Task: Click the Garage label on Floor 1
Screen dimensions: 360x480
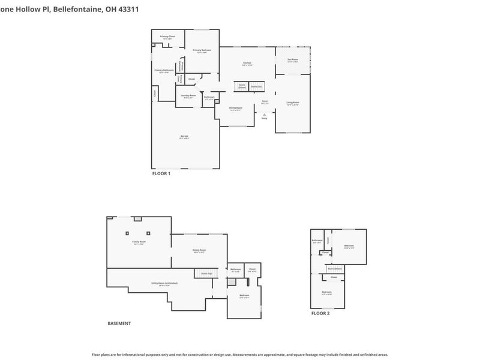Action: click(184, 136)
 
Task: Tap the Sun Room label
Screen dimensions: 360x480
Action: click(293, 60)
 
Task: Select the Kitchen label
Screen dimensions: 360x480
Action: click(247, 63)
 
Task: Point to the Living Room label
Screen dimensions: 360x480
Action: click(292, 103)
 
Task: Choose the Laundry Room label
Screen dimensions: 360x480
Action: click(188, 95)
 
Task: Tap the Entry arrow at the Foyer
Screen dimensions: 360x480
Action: click(264, 113)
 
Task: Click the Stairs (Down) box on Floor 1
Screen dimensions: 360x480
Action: click(242, 86)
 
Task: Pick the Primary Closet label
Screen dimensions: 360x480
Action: click(167, 37)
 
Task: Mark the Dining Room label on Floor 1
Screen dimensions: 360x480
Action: click(235, 108)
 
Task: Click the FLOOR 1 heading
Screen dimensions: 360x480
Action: click(161, 173)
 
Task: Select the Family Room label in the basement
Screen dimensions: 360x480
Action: click(139, 242)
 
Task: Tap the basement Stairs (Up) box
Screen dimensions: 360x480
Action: click(206, 274)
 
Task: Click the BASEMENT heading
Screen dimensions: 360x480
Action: click(119, 323)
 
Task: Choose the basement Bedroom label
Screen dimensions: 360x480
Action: click(244, 295)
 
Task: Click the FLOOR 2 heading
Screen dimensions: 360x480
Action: click(320, 313)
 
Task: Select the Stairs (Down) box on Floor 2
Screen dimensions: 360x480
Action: click(335, 269)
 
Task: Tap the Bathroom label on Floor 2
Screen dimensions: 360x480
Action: click(317, 241)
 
